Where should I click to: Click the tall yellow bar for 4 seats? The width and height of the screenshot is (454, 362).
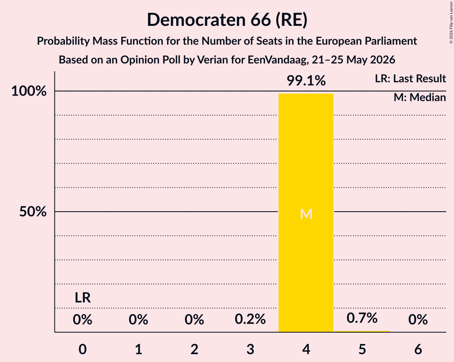coord(306,213)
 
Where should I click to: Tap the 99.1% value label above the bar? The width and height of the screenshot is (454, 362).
coord(306,80)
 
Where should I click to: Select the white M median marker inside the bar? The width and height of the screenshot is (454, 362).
coord(306,214)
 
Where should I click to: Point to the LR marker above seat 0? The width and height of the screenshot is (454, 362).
coord(83,298)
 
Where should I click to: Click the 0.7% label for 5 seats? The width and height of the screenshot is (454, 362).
coord(362,318)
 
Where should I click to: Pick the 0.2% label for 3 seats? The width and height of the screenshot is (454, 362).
coord(250,319)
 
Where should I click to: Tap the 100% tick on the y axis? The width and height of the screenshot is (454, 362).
coord(29,91)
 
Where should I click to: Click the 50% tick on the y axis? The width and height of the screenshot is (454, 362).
coord(33,212)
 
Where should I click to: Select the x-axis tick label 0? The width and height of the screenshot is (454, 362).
coord(83,349)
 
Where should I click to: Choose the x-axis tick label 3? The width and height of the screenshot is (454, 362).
coord(250,349)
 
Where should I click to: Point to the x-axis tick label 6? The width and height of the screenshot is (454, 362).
coord(418,349)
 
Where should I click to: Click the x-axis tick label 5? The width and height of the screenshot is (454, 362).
coord(362,349)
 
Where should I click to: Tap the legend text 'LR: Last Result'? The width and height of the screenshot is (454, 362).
coord(410,78)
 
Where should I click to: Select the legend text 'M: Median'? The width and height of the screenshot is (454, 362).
coord(420,98)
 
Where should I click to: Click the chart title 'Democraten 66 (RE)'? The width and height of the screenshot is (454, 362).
coord(227,20)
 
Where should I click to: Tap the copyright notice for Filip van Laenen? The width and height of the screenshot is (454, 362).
coord(451,22)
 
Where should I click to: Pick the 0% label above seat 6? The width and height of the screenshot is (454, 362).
coord(418,319)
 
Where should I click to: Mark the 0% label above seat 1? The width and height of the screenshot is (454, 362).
coord(139,319)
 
